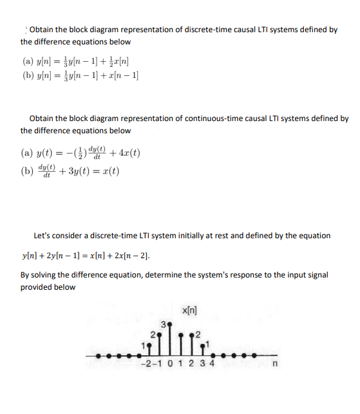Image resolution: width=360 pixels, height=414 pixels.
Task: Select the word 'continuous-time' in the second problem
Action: tap(204, 118)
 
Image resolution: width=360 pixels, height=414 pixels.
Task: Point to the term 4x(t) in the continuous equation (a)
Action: tap(128, 154)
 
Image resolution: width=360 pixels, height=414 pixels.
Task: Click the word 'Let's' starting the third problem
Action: tap(44, 235)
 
